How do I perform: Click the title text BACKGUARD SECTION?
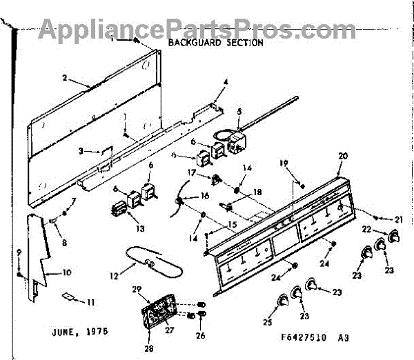216,43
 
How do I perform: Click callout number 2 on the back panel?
64,78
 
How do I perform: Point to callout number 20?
343,156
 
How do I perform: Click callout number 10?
67,272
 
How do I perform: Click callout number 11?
90,302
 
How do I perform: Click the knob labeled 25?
282,300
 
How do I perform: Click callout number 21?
397,219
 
